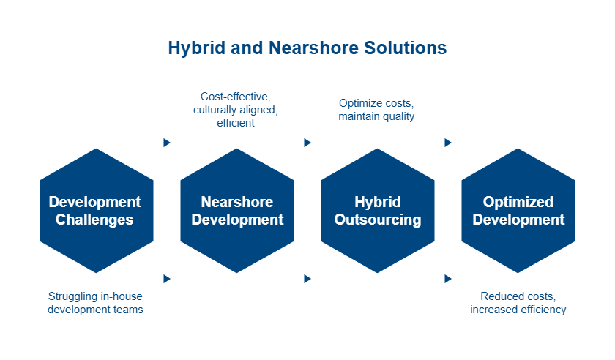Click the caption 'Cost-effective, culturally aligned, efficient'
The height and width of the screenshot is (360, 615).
coord(236,110)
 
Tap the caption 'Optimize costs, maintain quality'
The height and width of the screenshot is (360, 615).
coord(377,110)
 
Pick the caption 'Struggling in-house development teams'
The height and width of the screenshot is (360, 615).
coord(96,303)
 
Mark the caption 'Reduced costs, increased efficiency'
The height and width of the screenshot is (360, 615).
coord(518,303)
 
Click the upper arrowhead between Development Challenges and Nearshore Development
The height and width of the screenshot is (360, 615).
coord(167,143)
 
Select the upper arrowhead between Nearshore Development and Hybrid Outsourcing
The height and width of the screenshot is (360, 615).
coord(307,143)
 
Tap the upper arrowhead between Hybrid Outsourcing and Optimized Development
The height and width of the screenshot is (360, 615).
coord(448,143)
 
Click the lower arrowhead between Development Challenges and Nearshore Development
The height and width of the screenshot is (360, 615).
coord(167,279)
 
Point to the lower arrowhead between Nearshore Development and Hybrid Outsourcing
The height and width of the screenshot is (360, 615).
coord(307,279)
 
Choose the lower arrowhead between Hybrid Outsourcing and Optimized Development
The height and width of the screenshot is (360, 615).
coord(448,279)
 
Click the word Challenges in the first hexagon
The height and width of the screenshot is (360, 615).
coord(96,220)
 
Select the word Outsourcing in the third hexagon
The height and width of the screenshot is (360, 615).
coord(378,220)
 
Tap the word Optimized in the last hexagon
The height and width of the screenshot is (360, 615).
coord(518,202)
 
